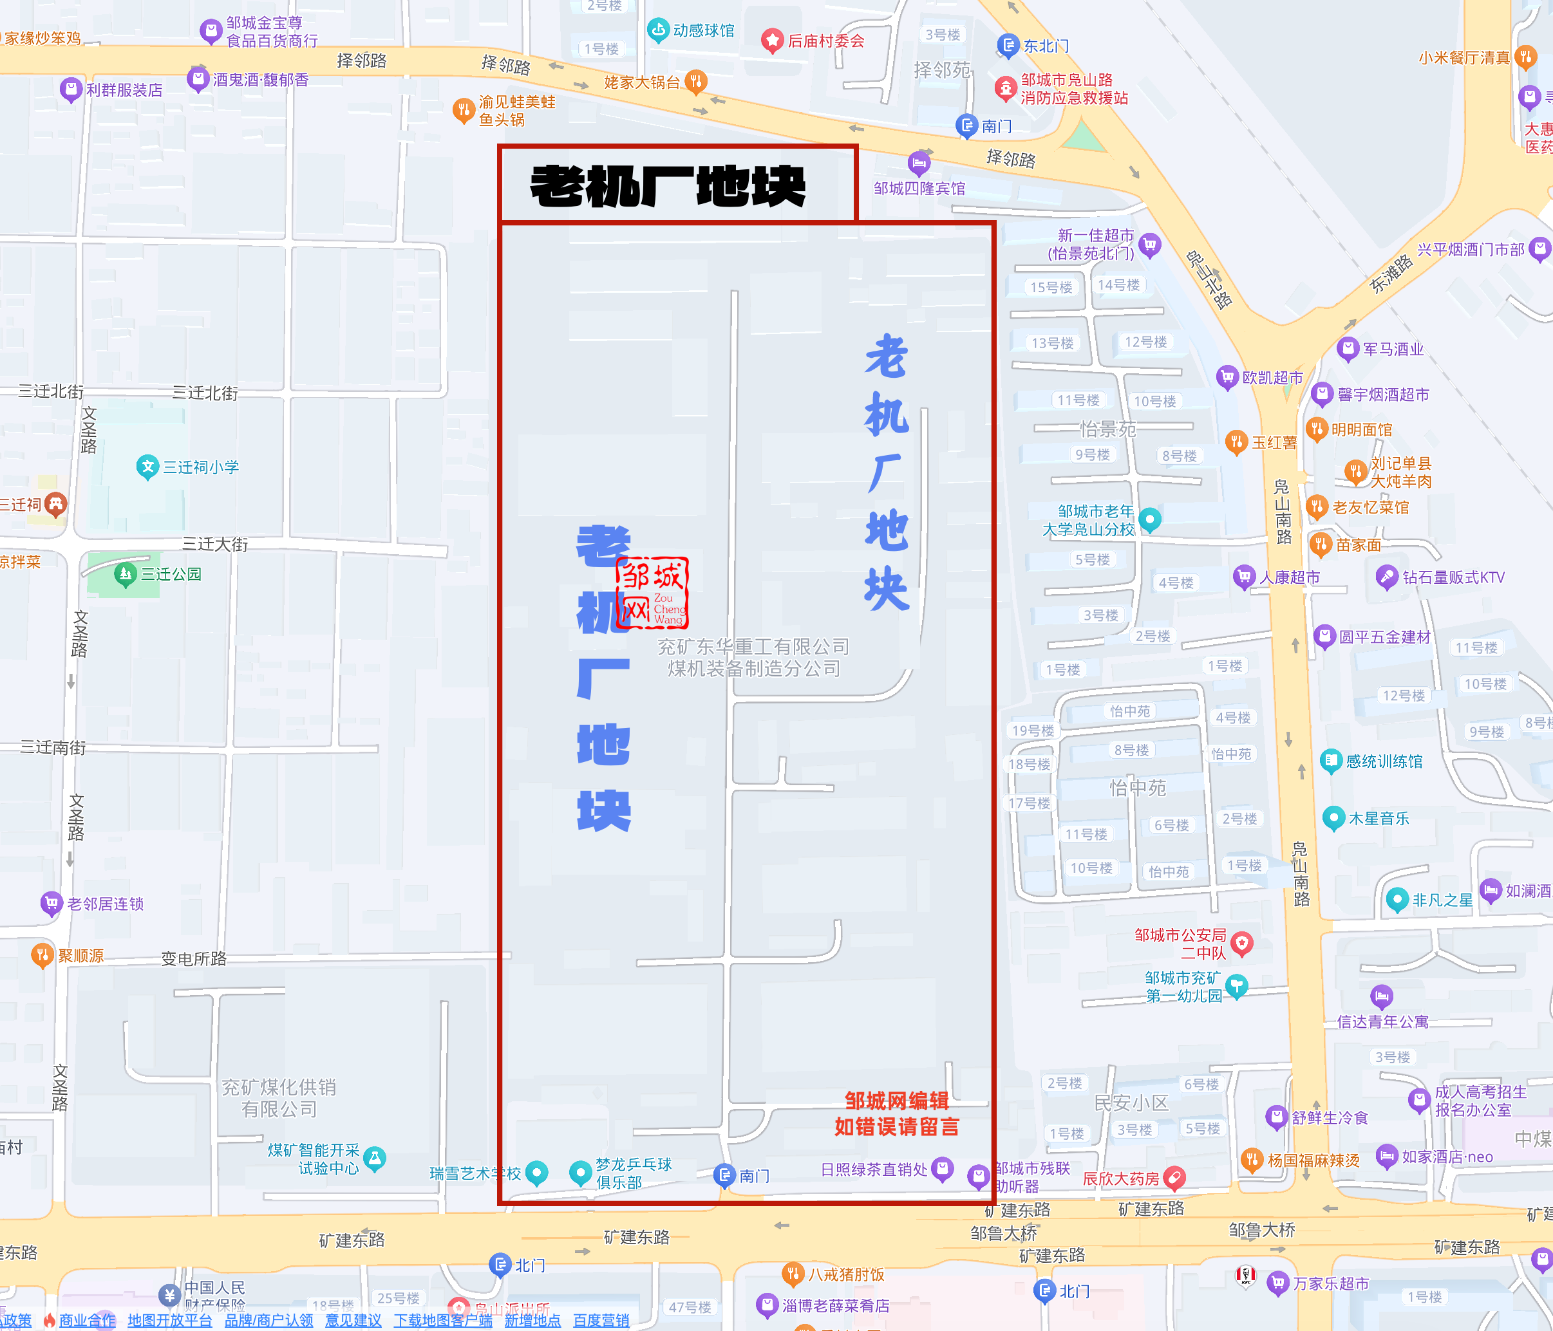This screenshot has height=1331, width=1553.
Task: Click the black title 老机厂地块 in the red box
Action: (x=668, y=186)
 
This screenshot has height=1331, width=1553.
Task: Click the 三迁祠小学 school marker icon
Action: (x=147, y=467)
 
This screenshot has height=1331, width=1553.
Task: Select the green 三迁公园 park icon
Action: (x=125, y=574)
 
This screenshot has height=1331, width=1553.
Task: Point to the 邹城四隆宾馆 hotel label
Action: (x=919, y=188)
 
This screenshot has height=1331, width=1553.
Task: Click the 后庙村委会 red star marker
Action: (x=772, y=41)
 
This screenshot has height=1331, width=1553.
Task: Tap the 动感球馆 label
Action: (x=703, y=31)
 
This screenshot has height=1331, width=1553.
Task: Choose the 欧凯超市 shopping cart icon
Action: (x=1227, y=377)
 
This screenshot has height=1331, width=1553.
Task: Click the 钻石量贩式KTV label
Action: (x=1453, y=577)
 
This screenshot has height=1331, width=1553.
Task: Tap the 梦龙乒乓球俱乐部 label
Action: (x=634, y=1173)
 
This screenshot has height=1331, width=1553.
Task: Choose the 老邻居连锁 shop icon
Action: (x=51, y=903)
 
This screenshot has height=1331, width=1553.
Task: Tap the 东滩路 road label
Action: (x=1391, y=274)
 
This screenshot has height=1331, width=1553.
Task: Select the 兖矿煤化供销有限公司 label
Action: (x=279, y=1097)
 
